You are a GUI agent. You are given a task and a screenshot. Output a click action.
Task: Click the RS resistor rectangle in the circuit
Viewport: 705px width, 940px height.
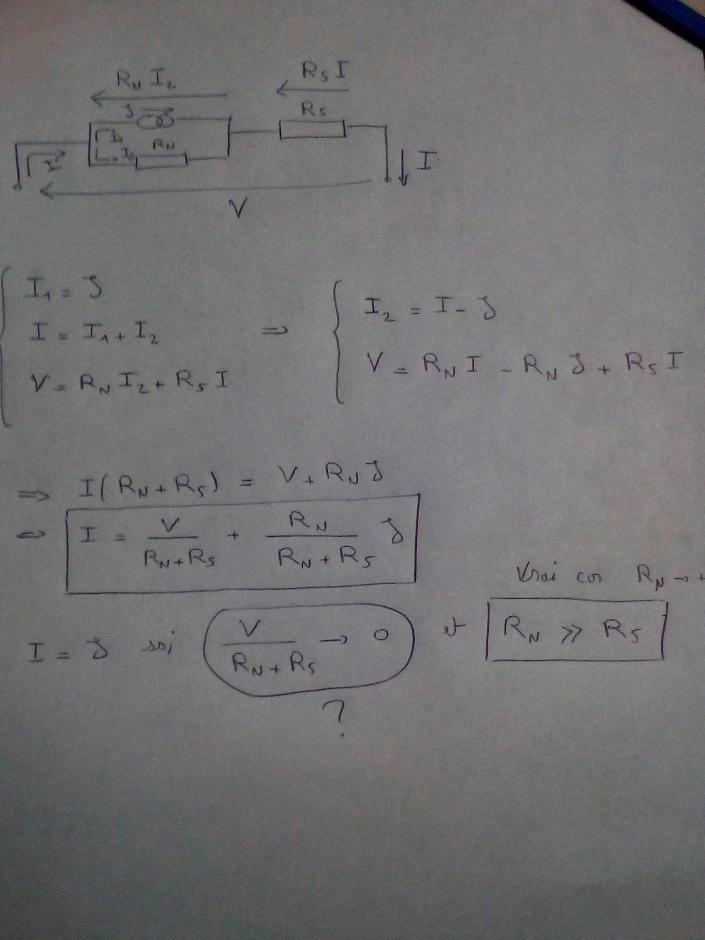click(313, 129)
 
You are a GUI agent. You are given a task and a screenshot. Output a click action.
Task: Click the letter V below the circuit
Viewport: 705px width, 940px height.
click(239, 208)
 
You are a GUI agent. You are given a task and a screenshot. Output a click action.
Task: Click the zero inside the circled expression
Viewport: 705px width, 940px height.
click(381, 635)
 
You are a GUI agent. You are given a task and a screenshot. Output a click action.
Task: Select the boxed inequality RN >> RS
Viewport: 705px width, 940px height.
click(574, 630)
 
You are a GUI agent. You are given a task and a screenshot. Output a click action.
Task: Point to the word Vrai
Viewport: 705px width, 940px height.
click(536, 574)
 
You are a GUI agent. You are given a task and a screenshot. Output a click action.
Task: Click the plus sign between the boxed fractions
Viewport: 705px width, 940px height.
click(234, 535)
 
